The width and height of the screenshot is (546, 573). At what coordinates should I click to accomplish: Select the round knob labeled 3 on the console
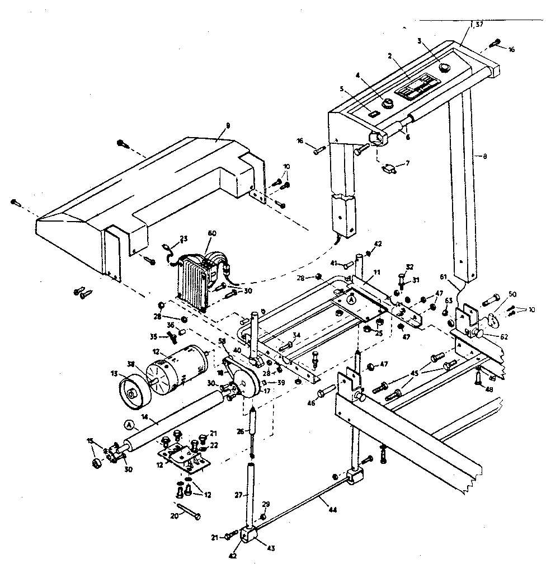tap(445, 68)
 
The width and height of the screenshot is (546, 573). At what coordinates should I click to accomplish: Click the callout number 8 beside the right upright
tap(484, 157)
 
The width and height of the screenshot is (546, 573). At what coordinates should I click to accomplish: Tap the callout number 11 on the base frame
tap(376, 272)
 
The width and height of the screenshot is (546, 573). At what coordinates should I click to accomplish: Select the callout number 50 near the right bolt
tap(512, 294)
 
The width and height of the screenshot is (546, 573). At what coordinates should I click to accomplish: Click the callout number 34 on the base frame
tap(297, 336)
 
